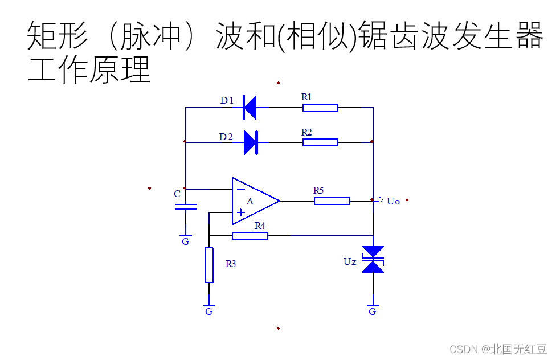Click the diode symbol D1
250,107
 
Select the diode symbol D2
251,142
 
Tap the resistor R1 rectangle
320,107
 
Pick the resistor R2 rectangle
320,142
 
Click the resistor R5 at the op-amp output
332,201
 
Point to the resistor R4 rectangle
250,235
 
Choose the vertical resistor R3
209,265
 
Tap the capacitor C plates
186,206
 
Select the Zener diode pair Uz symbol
373,260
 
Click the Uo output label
393,201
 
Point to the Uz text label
350,261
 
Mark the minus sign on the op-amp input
241,188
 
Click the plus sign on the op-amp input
241,212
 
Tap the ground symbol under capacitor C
186,236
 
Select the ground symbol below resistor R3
209,307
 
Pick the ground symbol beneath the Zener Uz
373,307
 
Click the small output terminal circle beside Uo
380,199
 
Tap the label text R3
230,264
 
